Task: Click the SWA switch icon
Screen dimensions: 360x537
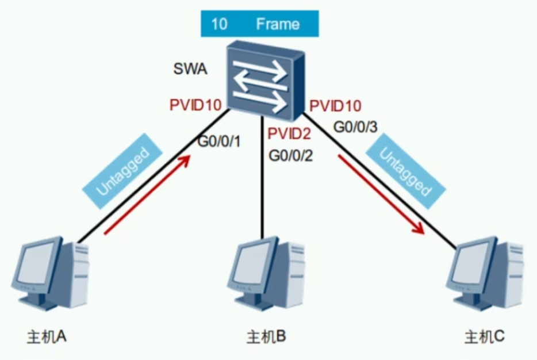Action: click(264, 78)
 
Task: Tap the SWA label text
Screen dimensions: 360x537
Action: click(190, 71)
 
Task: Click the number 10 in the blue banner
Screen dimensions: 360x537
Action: click(219, 24)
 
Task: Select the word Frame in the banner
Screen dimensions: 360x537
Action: click(278, 24)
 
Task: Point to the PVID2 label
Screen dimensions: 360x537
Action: click(289, 134)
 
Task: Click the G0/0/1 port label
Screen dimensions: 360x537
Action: click(218, 141)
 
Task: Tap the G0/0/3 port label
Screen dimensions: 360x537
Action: click(355, 127)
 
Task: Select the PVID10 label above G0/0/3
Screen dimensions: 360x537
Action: click(336, 106)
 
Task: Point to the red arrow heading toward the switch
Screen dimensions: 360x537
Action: click(147, 196)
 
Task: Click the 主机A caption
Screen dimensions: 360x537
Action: click(48, 336)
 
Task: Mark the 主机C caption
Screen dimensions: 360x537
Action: click(485, 336)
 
